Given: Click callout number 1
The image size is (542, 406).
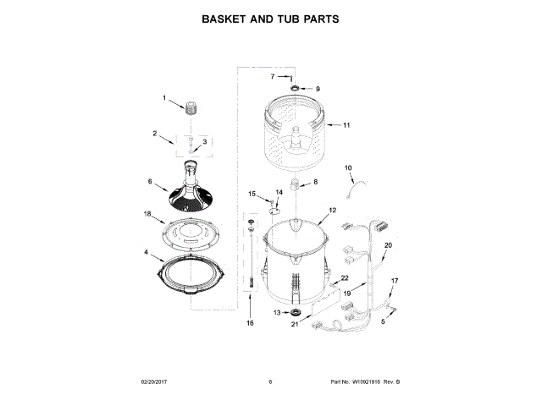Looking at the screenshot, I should click(164, 98).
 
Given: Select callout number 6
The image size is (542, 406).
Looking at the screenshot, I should click(151, 181).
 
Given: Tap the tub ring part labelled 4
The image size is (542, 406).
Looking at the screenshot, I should click(192, 276).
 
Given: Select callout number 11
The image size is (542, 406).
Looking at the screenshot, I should click(346, 125).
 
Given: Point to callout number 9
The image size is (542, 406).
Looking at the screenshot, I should click(318, 88).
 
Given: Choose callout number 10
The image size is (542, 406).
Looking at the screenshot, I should click(347, 168).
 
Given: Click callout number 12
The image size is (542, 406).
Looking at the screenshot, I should click(333, 210).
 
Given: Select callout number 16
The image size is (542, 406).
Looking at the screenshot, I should click(250, 323).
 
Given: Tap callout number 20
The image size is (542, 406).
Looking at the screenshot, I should click(389, 246).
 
